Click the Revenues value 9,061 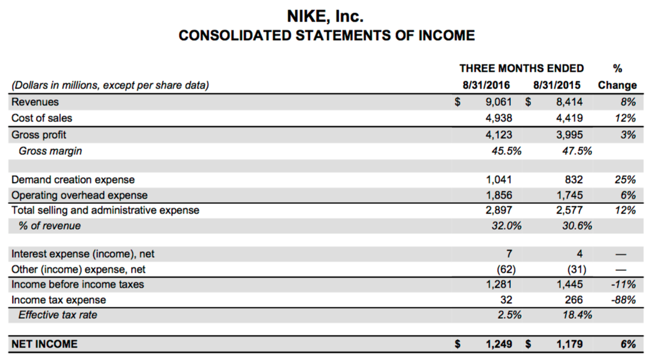(498, 102)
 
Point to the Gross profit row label (39, 135)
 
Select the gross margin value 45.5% (506, 151)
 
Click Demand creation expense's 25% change (624, 179)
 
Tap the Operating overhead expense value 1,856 (498, 195)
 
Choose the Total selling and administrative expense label (105, 210)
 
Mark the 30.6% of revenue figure (577, 226)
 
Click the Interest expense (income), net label (83, 254)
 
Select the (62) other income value (502, 269)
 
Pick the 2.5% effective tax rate (509, 315)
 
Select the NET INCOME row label (45, 344)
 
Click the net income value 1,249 (497, 344)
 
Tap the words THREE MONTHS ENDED (522, 68)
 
